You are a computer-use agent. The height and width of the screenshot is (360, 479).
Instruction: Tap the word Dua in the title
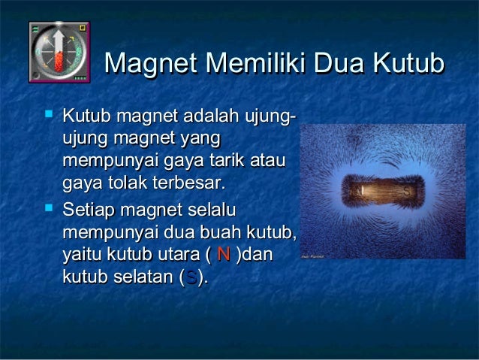[x=342, y=65]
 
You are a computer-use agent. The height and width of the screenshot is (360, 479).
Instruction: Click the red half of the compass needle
[x=59, y=61]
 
